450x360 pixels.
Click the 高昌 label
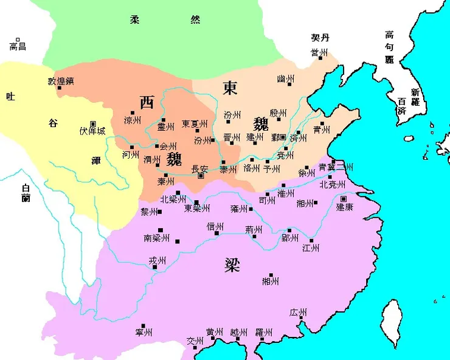coord(18,46)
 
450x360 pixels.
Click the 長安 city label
coord(199,168)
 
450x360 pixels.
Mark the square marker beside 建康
coord(344,199)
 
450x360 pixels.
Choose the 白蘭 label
coord(25,193)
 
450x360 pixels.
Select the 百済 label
coord(401,107)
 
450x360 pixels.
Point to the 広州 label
coord(298,313)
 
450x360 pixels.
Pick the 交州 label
coord(194,341)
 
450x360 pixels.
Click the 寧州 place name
coord(144,333)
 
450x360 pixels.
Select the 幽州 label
coord(285,79)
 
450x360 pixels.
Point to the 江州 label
coord(311,247)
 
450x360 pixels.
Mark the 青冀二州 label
coord(336,167)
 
